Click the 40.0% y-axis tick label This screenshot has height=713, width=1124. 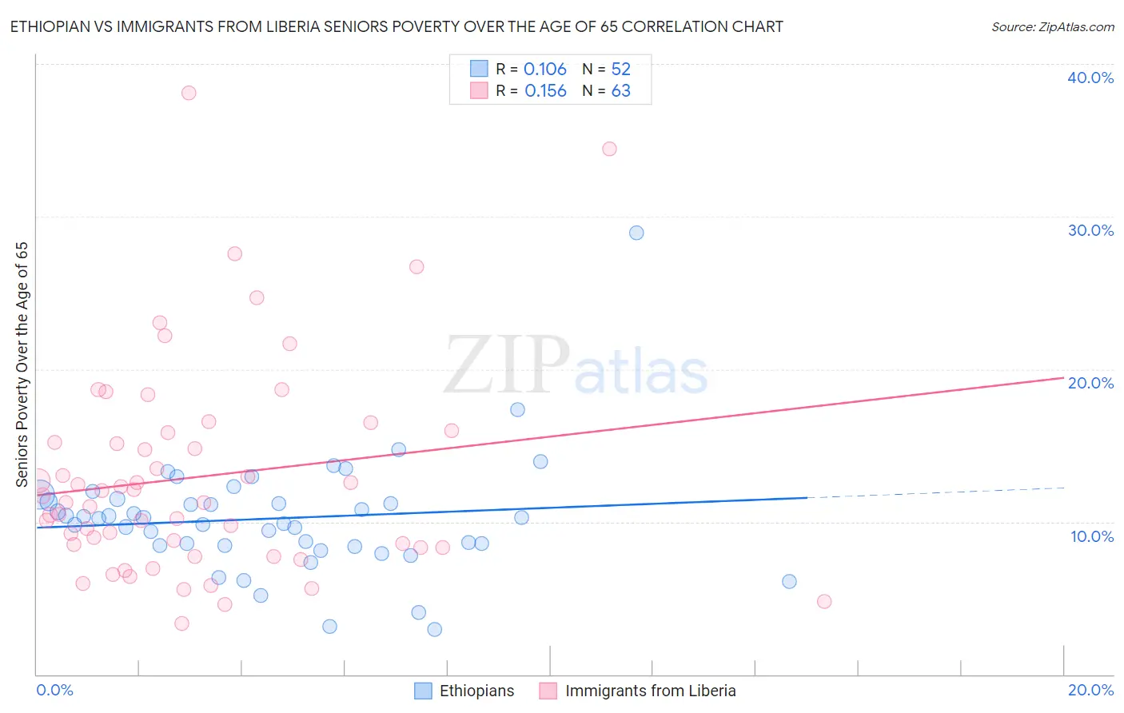coord(1090,78)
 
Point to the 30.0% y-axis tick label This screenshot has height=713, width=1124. coord(1090,230)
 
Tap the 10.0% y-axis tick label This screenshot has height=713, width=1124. coord(1092,536)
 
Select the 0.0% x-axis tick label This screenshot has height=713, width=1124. coord(55,690)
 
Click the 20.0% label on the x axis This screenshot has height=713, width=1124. coord(1090,690)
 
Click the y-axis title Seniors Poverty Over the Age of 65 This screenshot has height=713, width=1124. coord(22,364)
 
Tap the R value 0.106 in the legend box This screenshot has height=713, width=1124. coord(545,70)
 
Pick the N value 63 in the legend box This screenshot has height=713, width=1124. coord(621,91)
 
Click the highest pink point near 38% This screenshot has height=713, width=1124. coord(189,93)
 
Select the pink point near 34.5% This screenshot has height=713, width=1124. coord(609,149)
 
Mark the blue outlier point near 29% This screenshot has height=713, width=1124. coord(636,233)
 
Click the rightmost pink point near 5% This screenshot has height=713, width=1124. coord(824,601)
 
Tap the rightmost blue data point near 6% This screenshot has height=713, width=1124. coord(789,581)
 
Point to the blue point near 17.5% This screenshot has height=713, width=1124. coord(517,409)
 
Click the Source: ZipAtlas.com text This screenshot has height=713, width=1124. coord(1052,27)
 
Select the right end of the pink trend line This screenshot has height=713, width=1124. coord(1062,377)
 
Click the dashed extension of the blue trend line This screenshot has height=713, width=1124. coord(935,492)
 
